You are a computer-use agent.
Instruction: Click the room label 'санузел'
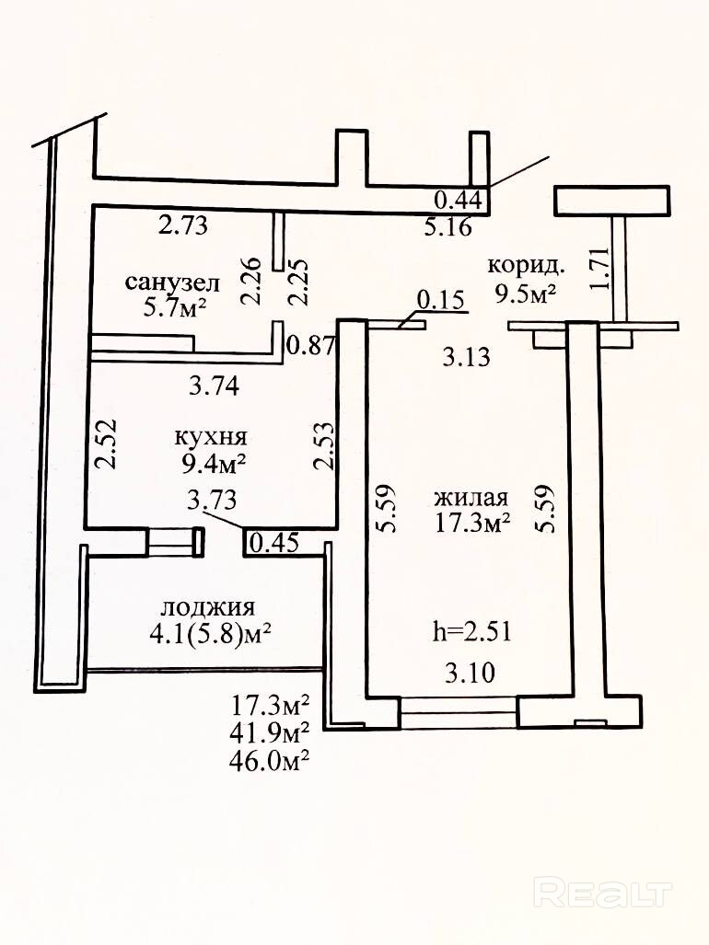point(172,282)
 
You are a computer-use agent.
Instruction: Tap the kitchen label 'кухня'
point(211,436)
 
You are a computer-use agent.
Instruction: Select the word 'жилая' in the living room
point(472,498)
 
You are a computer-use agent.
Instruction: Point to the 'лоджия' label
point(209,607)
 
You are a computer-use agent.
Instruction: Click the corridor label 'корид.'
point(527,265)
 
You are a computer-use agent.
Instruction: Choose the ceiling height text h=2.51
point(472,632)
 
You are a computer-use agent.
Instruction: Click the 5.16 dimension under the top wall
point(447,227)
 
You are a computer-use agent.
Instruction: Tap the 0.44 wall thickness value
point(459,198)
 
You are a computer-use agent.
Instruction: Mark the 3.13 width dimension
point(467,358)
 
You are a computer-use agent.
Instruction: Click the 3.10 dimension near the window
point(471,673)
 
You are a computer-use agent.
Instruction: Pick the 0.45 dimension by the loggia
point(274,543)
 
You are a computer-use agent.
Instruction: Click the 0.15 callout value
point(442,300)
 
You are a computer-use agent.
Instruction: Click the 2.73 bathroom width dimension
point(183,225)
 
